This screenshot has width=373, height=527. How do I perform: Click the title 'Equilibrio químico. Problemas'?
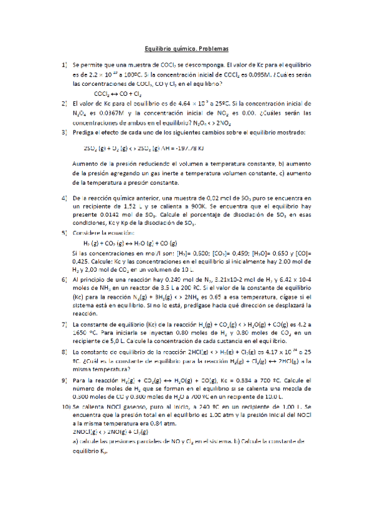point(187,48)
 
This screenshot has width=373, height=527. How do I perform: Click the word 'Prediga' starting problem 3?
point(85,132)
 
